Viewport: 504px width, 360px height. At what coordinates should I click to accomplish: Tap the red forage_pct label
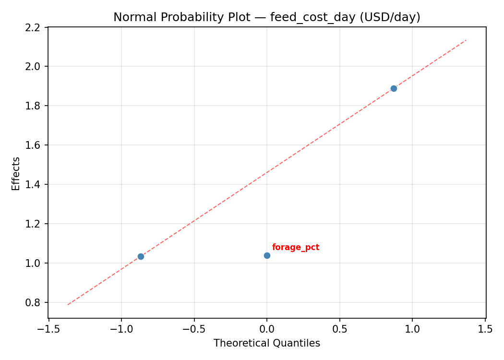pyautogui.click(x=295, y=248)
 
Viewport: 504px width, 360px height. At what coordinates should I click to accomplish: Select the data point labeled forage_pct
pyautogui.click(x=267, y=255)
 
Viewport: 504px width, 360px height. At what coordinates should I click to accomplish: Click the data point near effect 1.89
pyautogui.click(x=394, y=88)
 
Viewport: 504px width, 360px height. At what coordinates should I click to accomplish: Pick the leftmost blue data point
pyautogui.click(x=141, y=256)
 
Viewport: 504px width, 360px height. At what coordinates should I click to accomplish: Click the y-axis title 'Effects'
pyautogui.click(x=16, y=173)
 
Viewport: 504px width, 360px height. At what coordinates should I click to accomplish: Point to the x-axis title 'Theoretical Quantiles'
pyautogui.click(x=266, y=343)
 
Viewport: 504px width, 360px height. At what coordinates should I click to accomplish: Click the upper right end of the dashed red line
pyautogui.click(x=466, y=40)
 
